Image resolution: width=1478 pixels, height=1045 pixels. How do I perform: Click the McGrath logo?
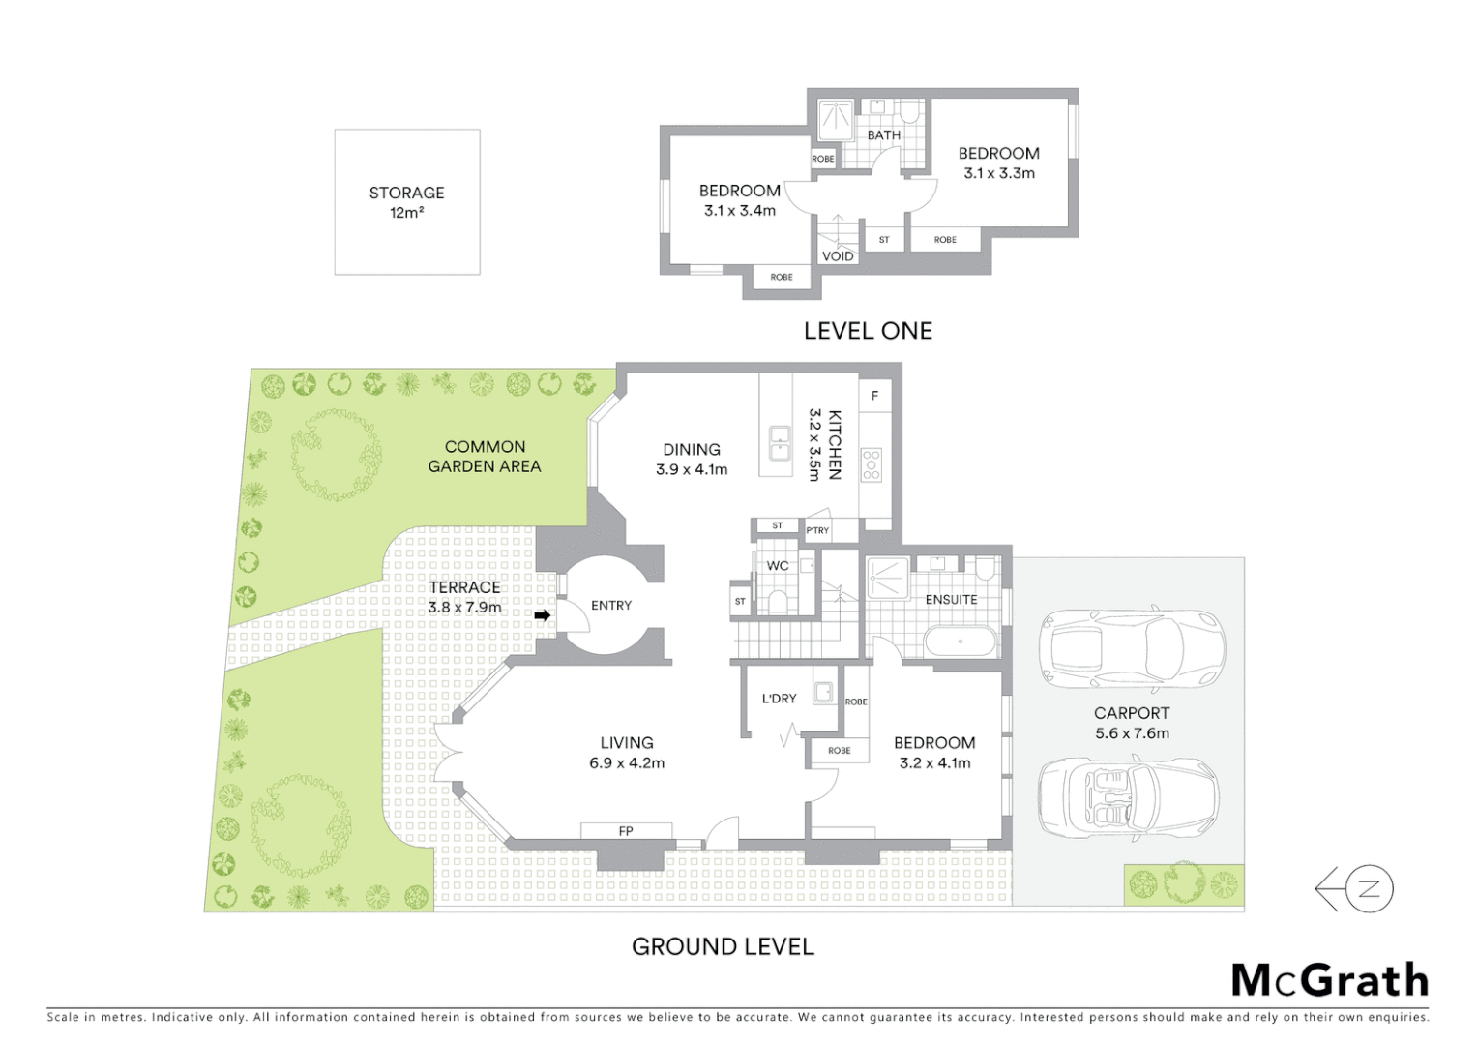pyautogui.click(x=1329, y=980)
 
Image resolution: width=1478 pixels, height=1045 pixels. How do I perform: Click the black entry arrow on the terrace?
pyautogui.click(x=543, y=615)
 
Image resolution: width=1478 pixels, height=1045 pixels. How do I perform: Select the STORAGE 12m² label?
pyautogui.click(x=406, y=202)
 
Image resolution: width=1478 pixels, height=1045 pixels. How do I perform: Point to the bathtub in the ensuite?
pyautogui.click(x=960, y=642)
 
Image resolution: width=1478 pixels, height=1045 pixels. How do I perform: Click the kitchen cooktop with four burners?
pyautogui.click(x=872, y=465)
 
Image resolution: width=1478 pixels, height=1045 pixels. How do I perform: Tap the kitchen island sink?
pyautogui.click(x=779, y=444)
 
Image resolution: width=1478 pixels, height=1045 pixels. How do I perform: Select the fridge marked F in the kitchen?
pyautogui.click(x=874, y=396)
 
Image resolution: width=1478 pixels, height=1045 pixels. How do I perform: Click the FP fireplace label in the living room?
pyautogui.click(x=626, y=831)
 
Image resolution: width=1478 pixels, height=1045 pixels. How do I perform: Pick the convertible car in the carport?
pyautogui.click(x=1128, y=800)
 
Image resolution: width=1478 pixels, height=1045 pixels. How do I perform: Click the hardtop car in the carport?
pyautogui.click(x=1132, y=649)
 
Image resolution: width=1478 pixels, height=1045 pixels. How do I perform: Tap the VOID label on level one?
pyautogui.click(x=838, y=256)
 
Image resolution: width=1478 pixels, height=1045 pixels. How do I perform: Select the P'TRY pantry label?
pyautogui.click(x=817, y=530)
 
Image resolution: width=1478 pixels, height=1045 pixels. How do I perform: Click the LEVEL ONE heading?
pyautogui.click(x=868, y=331)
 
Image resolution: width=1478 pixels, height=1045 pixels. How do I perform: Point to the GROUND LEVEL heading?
pyautogui.click(x=723, y=946)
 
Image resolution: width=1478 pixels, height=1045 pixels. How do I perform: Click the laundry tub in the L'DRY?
pyautogui.click(x=823, y=692)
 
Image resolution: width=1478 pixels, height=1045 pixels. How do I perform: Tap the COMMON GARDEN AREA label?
pyautogui.click(x=485, y=456)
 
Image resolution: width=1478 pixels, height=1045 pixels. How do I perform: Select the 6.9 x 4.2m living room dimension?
pyautogui.click(x=627, y=763)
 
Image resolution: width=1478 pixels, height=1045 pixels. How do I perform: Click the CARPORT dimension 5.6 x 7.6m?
pyautogui.click(x=1132, y=733)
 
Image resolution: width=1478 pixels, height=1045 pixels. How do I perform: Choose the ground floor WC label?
pyautogui.click(x=778, y=566)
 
